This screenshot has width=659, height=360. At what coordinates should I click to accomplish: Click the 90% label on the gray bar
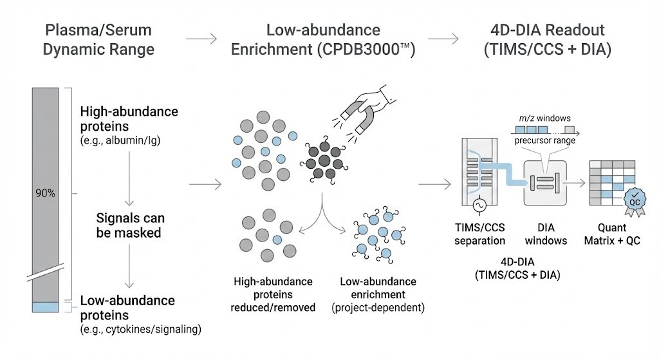click(x=46, y=193)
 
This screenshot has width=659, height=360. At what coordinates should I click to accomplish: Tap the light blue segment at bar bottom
click(x=46, y=307)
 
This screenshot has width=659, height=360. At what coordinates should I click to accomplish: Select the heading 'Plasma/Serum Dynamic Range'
click(x=98, y=39)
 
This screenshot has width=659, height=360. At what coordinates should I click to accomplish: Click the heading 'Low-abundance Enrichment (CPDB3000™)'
click(x=322, y=39)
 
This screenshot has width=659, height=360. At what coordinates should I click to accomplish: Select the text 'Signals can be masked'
click(x=129, y=225)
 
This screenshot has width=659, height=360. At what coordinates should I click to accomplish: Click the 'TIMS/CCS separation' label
click(x=480, y=234)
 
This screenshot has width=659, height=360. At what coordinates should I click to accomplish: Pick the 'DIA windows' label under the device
click(x=546, y=234)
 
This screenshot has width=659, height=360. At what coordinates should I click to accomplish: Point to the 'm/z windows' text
click(x=544, y=118)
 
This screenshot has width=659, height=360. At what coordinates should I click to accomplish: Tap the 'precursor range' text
click(x=544, y=140)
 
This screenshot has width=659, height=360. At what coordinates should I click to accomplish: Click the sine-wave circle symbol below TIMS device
click(x=479, y=205)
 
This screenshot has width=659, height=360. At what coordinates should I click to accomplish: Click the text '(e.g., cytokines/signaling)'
click(x=140, y=330)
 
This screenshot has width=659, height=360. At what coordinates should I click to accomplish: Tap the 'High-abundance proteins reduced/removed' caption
click(x=273, y=294)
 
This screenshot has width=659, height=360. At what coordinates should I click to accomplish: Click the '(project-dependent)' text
click(x=378, y=307)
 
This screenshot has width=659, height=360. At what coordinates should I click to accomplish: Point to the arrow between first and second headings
click(x=205, y=39)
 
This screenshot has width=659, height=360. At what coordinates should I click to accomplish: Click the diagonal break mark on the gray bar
click(x=46, y=276)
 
